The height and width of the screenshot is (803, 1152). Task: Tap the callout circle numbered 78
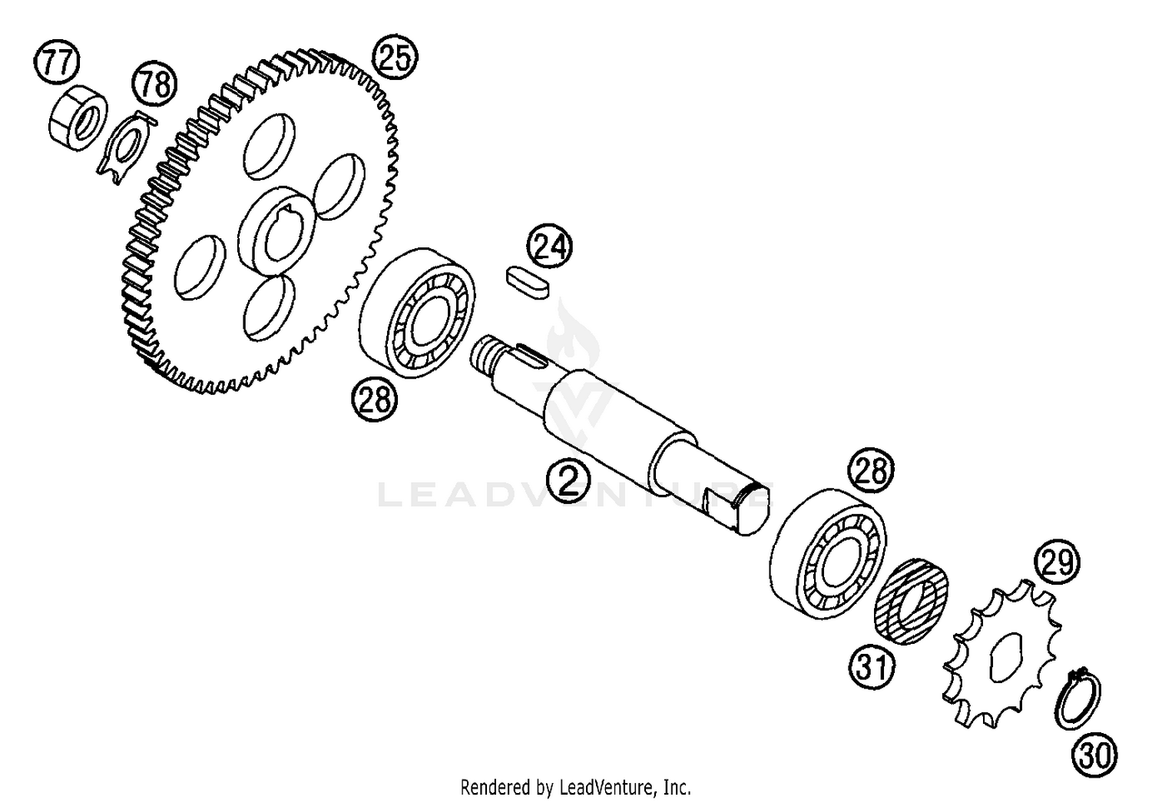tap(154, 85)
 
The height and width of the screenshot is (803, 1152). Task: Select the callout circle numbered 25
tap(395, 58)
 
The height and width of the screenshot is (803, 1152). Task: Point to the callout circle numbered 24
tap(550, 245)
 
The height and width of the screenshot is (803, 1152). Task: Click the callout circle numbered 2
tap(568, 479)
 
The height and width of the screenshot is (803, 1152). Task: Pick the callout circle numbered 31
tap(872, 667)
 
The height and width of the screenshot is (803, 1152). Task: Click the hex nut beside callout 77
tap(78, 118)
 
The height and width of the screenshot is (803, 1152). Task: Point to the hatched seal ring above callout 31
tap(912, 601)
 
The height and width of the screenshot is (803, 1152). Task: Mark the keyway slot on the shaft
tap(531, 355)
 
